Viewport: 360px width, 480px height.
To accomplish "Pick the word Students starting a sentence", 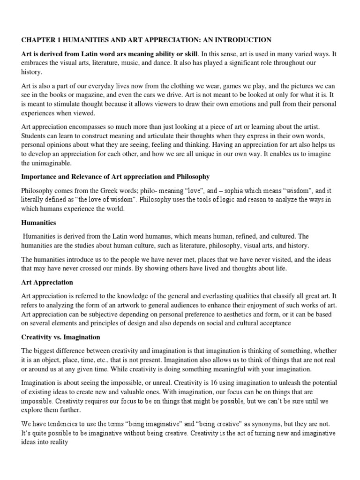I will pos(34,135).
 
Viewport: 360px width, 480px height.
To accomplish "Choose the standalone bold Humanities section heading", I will pos(39,223).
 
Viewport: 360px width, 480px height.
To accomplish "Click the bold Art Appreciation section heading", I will pos(47,283).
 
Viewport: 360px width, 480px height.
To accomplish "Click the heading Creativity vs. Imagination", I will pos(60,337).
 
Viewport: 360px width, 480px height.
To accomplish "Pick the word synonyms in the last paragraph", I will pos(261,424).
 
